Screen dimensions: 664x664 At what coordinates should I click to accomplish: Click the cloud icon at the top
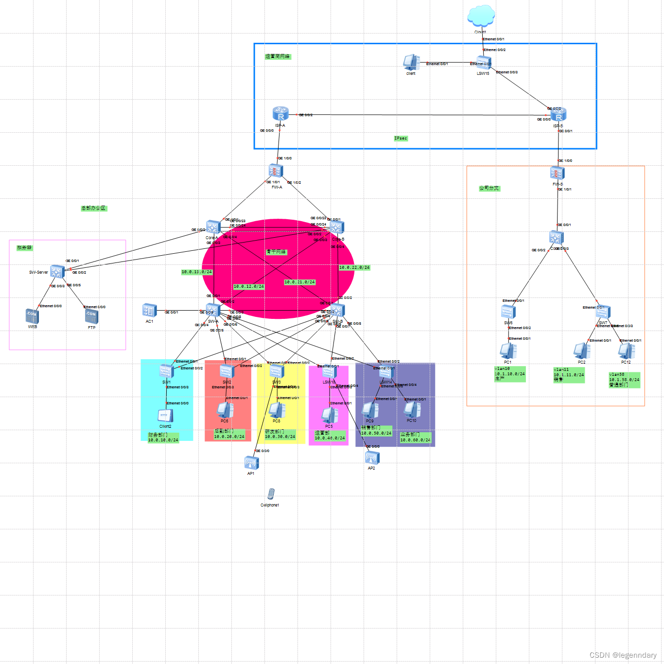point(481,16)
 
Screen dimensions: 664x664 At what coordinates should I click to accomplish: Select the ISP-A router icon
point(280,114)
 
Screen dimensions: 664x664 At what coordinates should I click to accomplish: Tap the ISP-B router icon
point(559,115)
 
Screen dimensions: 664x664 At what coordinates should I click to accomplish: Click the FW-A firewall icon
point(276,171)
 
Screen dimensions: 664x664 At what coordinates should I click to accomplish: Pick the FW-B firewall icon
point(557,173)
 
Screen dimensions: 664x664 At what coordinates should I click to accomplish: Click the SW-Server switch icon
point(57,271)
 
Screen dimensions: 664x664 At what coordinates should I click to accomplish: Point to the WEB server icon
point(32,316)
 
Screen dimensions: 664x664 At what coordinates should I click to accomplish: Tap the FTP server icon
point(91,316)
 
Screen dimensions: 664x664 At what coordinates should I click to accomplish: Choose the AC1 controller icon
point(149,310)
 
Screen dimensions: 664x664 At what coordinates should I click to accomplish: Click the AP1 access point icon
point(251,463)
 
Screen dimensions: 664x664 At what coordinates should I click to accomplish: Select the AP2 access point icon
point(372,457)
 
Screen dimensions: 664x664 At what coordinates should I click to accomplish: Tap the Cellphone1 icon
point(271,494)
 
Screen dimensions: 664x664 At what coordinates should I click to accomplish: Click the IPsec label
point(401,139)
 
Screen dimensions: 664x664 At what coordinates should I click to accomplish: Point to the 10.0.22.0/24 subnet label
point(354,268)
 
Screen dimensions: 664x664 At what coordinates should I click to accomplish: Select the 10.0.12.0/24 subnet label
point(248,287)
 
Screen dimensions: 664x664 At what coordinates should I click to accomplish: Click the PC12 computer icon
point(627,351)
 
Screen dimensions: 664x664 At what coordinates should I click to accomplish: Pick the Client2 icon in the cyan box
point(165,416)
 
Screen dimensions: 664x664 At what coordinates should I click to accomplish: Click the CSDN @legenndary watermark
point(623,655)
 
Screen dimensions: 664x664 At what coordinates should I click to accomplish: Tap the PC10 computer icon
point(412,410)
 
